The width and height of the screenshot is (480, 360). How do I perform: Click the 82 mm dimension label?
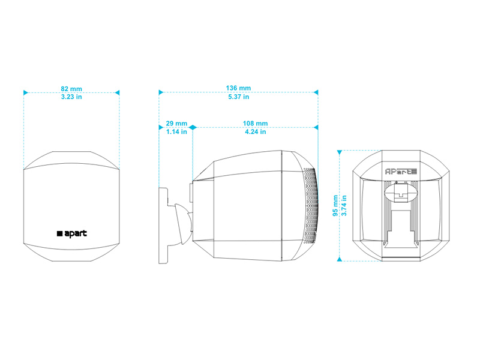(x=71, y=89)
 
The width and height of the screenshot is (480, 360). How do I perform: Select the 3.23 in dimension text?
(x=71, y=97)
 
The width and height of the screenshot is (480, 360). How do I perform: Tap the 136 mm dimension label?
(x=238, y=88)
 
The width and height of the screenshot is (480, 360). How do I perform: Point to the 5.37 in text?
(x=238, y=97)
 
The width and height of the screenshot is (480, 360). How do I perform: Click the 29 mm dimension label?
(x=176, y=124)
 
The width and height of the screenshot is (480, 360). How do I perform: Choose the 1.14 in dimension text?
(x=176, y=131)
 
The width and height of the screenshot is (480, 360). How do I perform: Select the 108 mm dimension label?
(x=256, y=124)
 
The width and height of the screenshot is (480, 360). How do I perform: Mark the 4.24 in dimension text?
(x=256, y=131)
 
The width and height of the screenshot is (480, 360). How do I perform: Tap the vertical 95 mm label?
(x=335, y=206)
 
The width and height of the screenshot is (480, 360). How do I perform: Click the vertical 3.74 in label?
(x=344, y=205)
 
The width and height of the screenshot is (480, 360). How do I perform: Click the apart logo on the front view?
(x=72, y=233)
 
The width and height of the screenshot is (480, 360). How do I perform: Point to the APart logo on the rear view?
(x=401, y=172)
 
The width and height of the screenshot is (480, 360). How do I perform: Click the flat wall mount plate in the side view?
(x=163, y=226)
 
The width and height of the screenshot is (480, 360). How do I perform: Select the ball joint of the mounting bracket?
(x=184, y=223)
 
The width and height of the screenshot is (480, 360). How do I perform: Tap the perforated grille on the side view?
(x=310, y=206)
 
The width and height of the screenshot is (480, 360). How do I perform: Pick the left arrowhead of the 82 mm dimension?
(x=26, y=92)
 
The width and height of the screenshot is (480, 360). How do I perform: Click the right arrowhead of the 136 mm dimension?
(x=316, y=92)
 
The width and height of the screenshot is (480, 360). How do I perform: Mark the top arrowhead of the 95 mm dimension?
(x=339, y=152)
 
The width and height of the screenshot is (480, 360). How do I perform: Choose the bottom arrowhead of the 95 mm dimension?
(x=339, y=259)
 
